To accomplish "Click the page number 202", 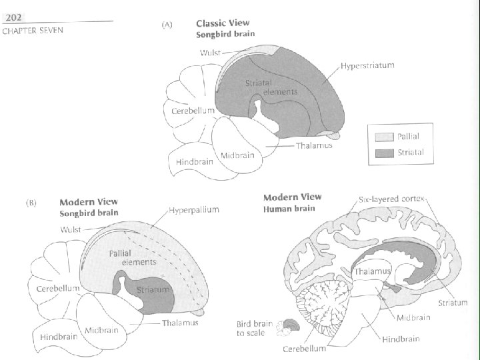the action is (13, 18).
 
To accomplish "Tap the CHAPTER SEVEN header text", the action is (33, 31).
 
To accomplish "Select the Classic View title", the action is (223, 23).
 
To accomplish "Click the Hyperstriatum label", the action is (367, 65).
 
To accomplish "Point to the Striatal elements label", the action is (271, 87).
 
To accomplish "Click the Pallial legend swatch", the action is (385, 137).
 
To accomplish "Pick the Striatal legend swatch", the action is (385, 153).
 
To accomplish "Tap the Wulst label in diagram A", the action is (210, 53).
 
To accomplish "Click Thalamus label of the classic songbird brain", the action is (314, 145).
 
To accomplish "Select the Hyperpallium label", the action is (194, 210).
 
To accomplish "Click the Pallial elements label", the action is (133, 257).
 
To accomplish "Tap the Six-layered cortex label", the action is (391, 199).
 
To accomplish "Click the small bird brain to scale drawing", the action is (288, 327).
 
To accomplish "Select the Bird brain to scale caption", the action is (254, 328).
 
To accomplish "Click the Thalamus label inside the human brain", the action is (372, 271).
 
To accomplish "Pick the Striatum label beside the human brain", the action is (453, 303).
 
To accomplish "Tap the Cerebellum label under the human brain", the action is (304, 349).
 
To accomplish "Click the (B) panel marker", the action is (31, 203).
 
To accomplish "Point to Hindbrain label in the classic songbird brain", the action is (195, 161).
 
